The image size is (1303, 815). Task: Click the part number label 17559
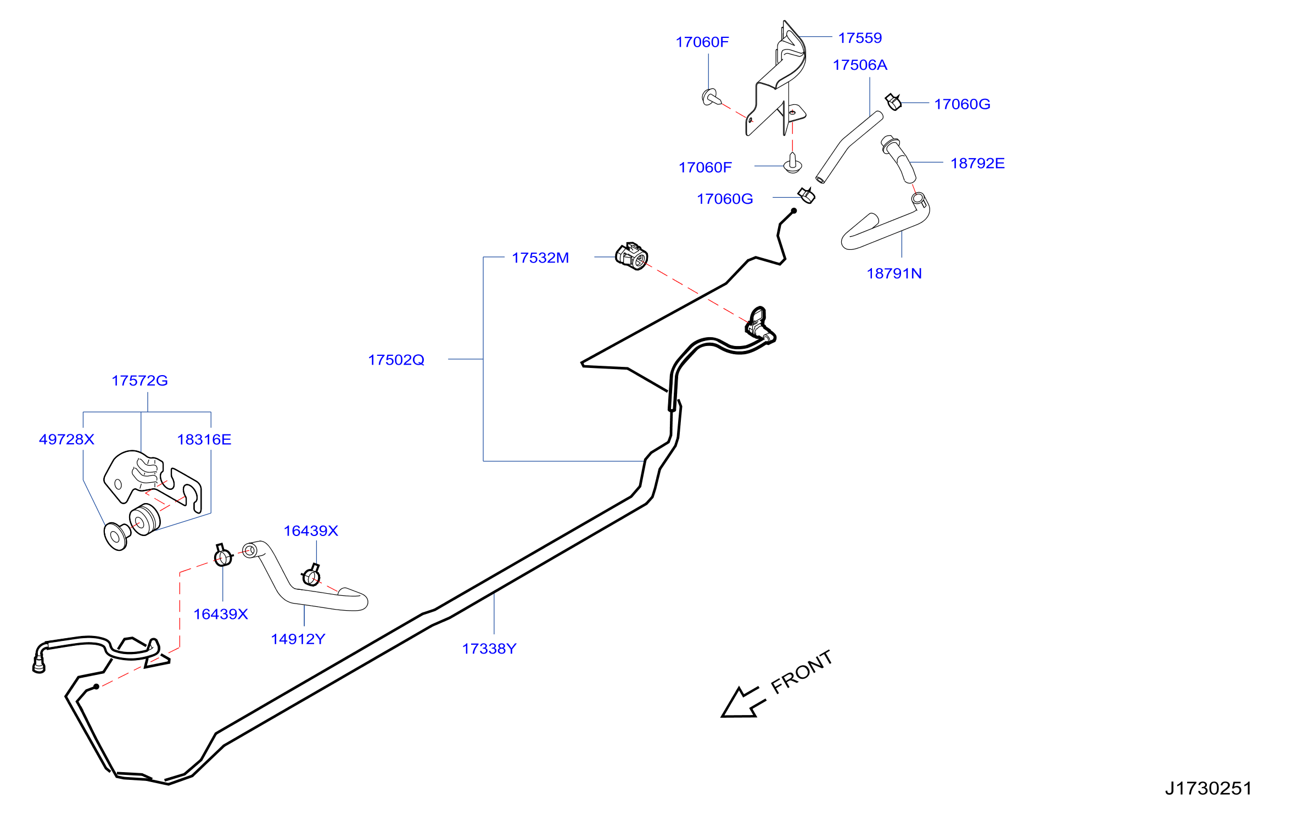[860, 38]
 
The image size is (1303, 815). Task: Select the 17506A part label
[860, 65]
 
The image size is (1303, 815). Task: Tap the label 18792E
[977, 163]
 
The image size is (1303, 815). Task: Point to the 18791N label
[894, 273]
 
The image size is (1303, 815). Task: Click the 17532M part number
[540, 258]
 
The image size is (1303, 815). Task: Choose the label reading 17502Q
[396, 360]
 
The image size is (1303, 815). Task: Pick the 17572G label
[139, 381]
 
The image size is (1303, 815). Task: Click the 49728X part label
[66, 439]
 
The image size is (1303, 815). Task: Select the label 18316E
[204, 439]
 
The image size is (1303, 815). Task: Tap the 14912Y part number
[298, 639]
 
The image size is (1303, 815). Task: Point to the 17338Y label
[489, 649]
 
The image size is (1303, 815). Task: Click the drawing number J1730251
[1209, 789]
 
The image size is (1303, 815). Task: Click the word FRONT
[802, 672]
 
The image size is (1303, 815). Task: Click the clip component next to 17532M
[631, 256]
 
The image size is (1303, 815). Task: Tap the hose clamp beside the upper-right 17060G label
[893, 102]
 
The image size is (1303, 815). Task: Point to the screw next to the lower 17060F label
[792, 163]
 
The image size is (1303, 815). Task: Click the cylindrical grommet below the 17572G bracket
[144, 519]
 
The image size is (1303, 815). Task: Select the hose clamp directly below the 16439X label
[311, 575]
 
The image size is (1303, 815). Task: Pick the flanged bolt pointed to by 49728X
[116, 536]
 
